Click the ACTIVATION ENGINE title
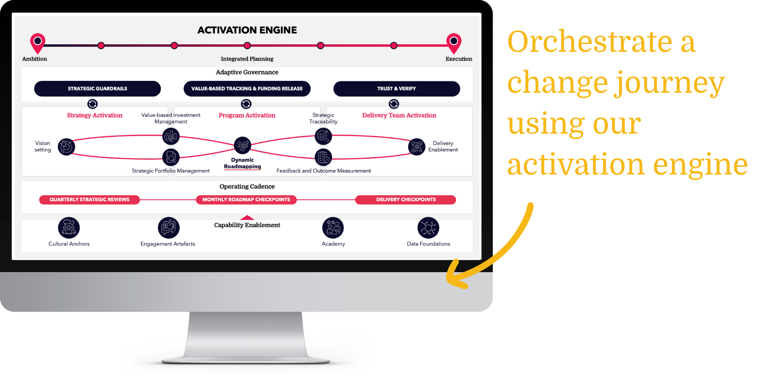click(x=247, y=30)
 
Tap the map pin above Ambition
click(x=38, y=42)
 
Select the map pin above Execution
click(x=454, y=42)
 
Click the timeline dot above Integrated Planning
click(x=247, y=46)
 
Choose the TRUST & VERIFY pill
click(x=396, y=88)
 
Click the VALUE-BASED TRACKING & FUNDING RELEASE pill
click(x=247, y=88)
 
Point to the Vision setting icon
click(x=66, y=147)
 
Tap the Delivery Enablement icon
click(x=416, y=147)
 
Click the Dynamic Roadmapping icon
click(x=242, y=145)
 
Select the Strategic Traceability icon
click(x=323, y=136)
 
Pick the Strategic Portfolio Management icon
click(x=171, y=157)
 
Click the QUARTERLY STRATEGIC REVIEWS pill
click(x=89, y=200)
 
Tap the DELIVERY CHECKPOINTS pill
click(x=405, y=200)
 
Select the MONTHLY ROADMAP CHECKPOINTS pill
click(x=246, y=200)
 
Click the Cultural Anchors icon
click(x=69, y=228)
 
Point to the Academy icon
click(x=333, y=228)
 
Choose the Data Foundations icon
click(x=428, y=228)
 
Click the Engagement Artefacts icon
click(x=169, y=228)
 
